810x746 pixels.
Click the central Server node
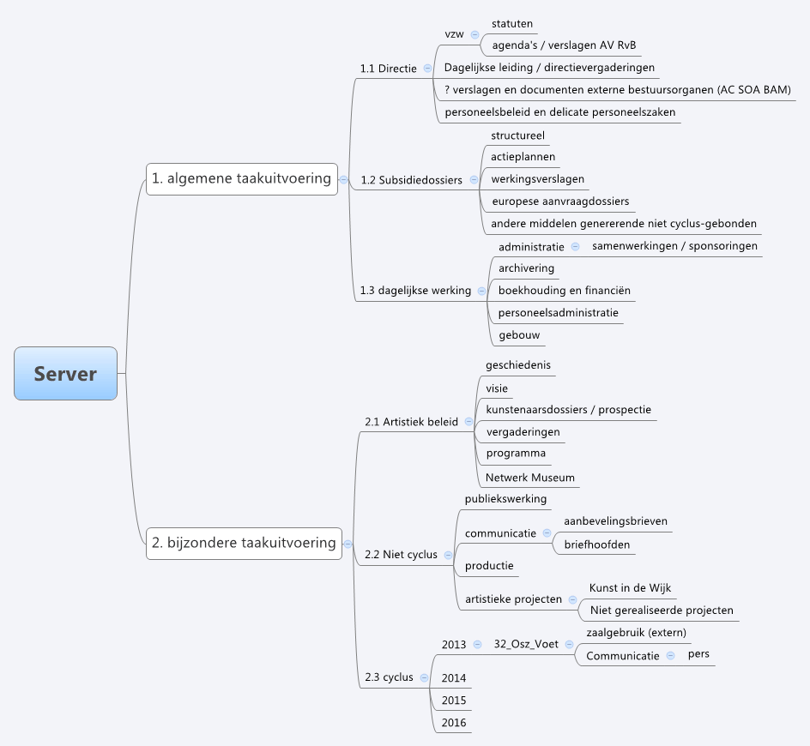pyautogui.click(x=65, y=374)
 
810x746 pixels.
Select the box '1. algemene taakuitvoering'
pyautogui.click(x=241, y=178)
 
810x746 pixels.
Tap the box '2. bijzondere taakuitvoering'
pyautogui.click(x=244, y=543)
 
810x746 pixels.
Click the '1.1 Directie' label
pyautogui.click(x=389, y=69)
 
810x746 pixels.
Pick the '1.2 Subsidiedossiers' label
pyautogui.click(x=411, y=180)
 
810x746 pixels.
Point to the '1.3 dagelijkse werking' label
pyautogui.click(x=415, y=291)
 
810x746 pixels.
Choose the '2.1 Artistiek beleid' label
pyautogui.click(x=411, y=422)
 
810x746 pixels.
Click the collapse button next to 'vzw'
pyautogui.click(x=475, y=34)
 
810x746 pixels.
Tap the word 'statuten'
pyautogui.click(x=512, y=23)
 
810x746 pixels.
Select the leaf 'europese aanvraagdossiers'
pyautogui.click(x=559, y=202)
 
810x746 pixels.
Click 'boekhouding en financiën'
pyautogui.click(x=564, y=291)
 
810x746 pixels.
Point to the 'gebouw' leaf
pyautogui.click(x=519, y=335)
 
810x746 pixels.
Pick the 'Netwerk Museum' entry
pyautogui.click(x=530, y=478)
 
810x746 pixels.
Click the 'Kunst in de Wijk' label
pyautogui.click(x=630, y=588)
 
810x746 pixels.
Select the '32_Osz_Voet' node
pyautogui.click(x=526, y=645)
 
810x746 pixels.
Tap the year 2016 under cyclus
pyautogui.click(x=454, y=723)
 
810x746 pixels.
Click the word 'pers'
pyautogui.click(x=698, y=654)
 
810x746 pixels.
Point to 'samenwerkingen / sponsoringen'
pyautogui.click(x=674, y=246)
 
